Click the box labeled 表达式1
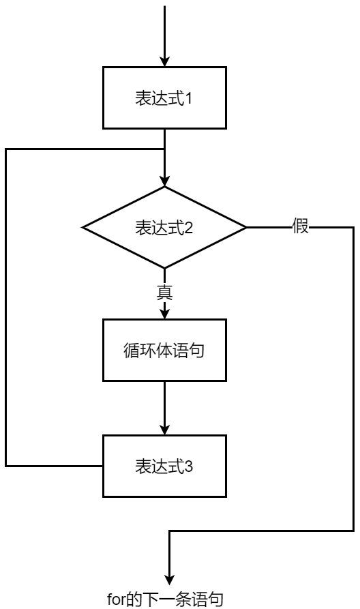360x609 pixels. pos(164,98)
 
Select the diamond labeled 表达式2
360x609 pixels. pos(164,227)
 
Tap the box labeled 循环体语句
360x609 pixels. pos(164,351)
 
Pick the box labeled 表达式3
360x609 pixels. pos(164,468)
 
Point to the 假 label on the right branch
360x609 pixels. pos(301,227)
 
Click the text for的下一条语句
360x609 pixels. pos(164,599)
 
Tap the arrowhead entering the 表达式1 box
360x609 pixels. pos(164,61)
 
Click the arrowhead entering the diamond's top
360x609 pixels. pos(164,181)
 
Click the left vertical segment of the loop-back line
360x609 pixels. pos(5,307)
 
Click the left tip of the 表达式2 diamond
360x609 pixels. pos(83,227)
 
